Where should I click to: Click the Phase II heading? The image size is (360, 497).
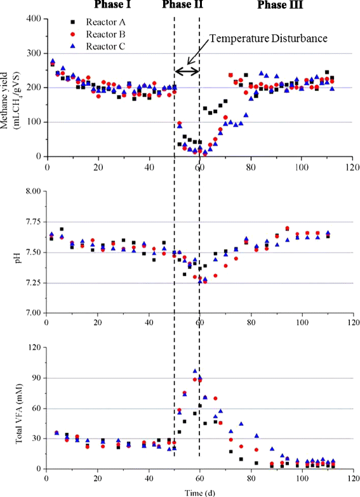182,6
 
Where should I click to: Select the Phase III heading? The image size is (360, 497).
280,6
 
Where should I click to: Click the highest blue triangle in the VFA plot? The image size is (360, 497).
195,371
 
